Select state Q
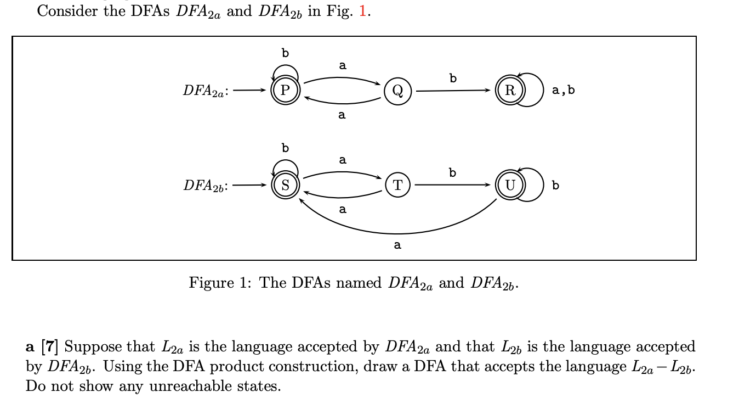click(x=398, y=91)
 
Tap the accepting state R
click(x=510, y=91)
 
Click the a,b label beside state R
click(x=563, y=91)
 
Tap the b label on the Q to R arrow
click(x=452, y=78)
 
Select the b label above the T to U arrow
click(x=452, y=172)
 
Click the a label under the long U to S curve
click(x=397, y=245)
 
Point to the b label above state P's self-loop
click(x=285, y=53)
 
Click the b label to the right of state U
click(x=556, y=186)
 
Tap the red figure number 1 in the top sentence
click(x=362, y=12)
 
